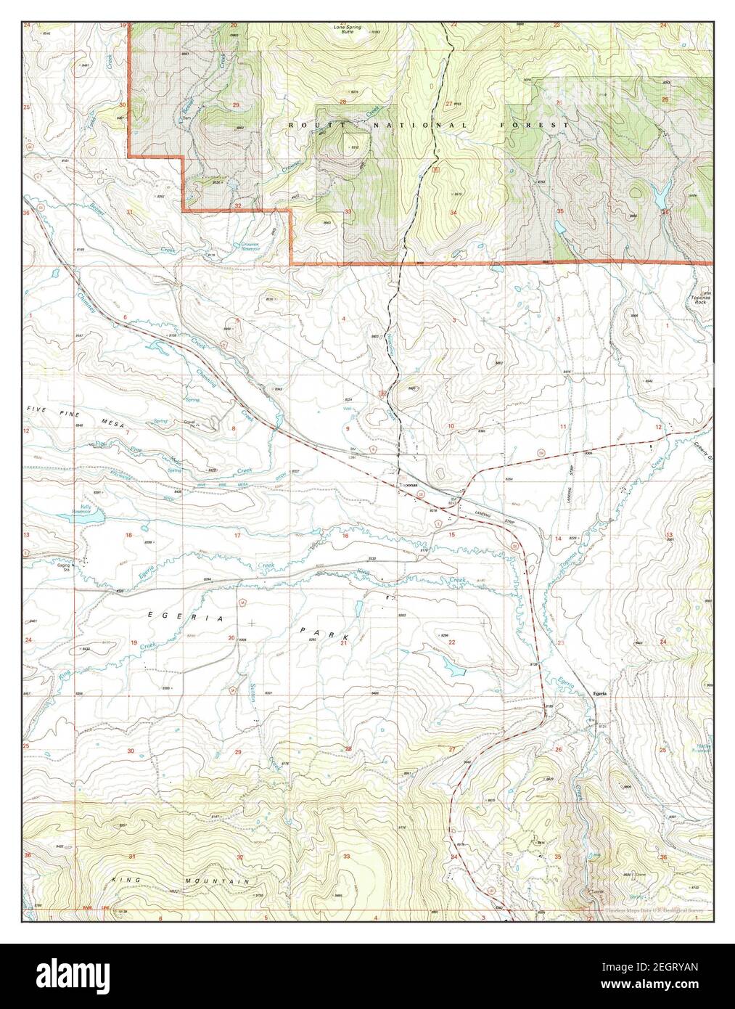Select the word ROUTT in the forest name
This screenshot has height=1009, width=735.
pos(302,126)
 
